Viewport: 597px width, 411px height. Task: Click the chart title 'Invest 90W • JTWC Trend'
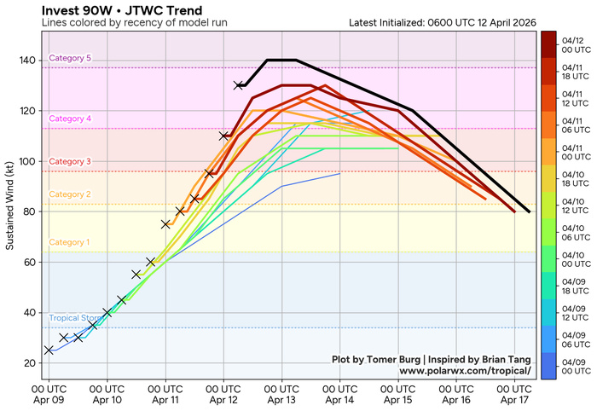pyautogui.click(x=105, y=10)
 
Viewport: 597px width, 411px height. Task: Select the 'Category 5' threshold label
pyautogui.click(x=70, y=58)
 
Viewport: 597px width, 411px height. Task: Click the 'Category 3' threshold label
pyautogui.click(x=70, y=161)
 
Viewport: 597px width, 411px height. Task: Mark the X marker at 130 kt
pyautogui.click(x=239, y=85)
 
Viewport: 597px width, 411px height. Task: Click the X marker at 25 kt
pyautogui.click(x=49, y=350)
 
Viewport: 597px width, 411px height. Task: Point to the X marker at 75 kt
pyautogui.click(x=165, y=224)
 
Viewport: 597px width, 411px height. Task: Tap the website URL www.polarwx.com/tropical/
pyautogui.click(x=465, y=372)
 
